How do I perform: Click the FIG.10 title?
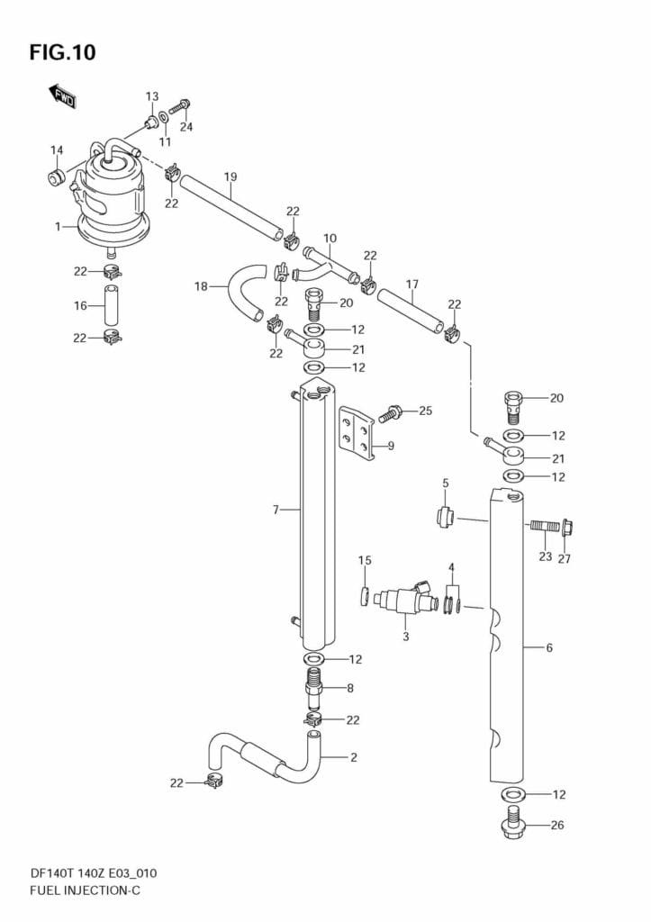[x=62, y=53]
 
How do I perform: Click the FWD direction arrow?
[x=62, y=95]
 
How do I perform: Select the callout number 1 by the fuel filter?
[x=58, y=227]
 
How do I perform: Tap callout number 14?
[x=57, y=150]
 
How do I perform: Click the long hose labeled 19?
[x=231, y=207]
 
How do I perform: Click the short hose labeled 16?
[x=111, y=305]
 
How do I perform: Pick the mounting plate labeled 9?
[x=355, y=432]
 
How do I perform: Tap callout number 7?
[x=276, y=511]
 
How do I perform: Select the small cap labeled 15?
[x=365, y=595]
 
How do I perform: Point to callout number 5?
[x=445, y=484]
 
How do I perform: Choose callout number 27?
[x=564, y=557]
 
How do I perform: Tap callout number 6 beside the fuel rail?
[x=548, y=646]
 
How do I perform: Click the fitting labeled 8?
[x=314, y=688]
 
